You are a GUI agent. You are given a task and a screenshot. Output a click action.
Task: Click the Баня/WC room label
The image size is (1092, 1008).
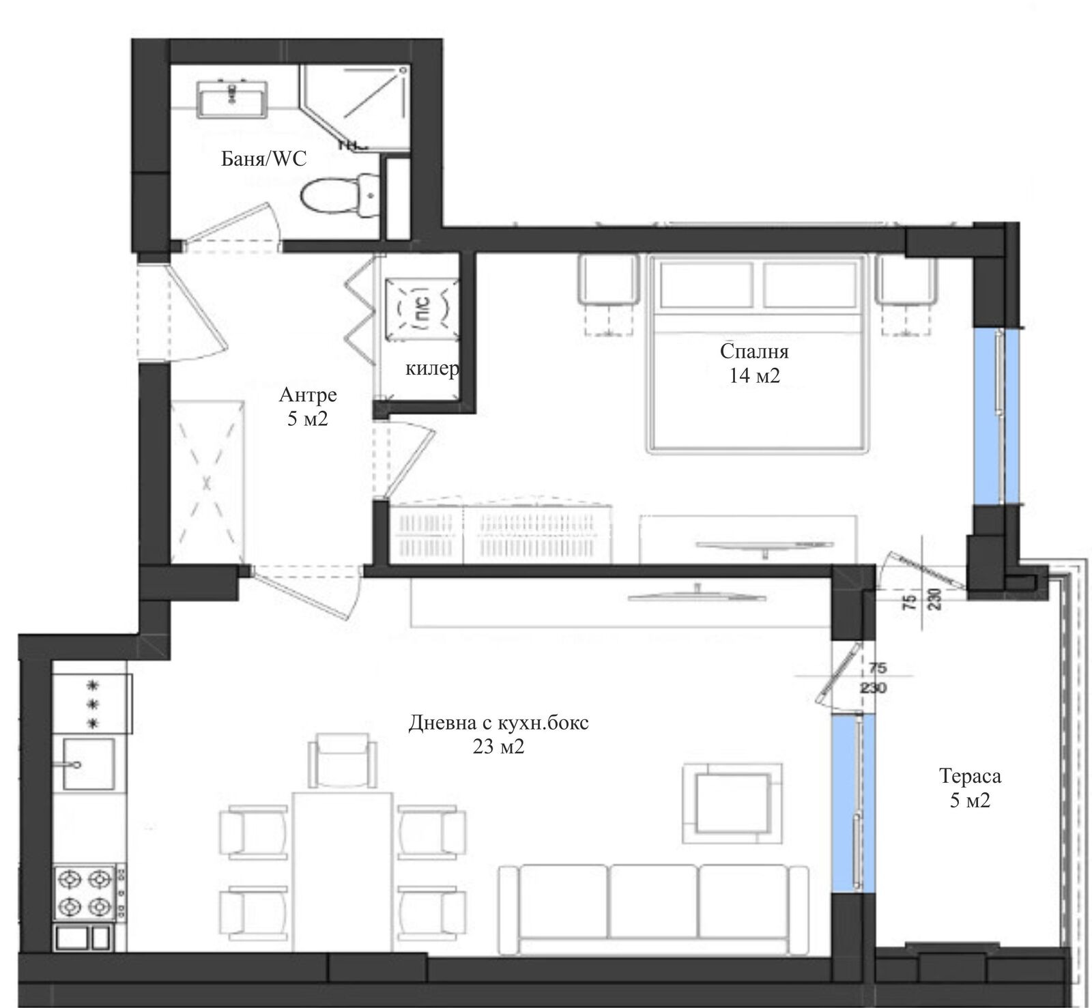coord(264,159)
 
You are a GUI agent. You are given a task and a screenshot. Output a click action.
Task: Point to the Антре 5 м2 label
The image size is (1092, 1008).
coord(308,407)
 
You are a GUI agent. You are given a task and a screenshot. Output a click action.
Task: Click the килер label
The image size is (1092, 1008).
coord(431,369)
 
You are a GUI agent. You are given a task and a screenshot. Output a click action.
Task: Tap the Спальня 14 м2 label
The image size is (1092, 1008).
coord(753,363)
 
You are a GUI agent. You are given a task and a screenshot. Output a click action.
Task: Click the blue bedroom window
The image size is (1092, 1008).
coord(997,416)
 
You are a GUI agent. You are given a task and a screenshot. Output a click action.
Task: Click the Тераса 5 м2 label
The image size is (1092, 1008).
coord(969,788)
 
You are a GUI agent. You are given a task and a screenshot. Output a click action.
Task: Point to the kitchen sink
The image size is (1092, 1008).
coord(86,761)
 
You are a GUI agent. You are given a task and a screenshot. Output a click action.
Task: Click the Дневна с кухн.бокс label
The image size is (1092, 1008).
coord(498,734)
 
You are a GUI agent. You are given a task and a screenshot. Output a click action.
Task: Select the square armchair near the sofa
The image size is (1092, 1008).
coord(732,803)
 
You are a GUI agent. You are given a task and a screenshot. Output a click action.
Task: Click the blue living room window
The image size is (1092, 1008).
coord(852,803)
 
